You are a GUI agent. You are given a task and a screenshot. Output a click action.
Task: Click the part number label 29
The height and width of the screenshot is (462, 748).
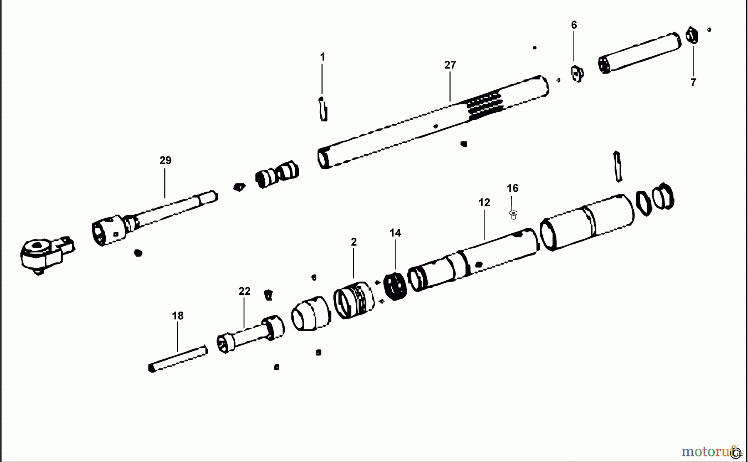(165, 161)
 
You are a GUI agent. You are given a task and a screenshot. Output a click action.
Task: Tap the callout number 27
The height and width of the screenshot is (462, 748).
(450, 65)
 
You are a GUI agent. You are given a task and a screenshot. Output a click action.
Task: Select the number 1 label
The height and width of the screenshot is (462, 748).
(322, 57)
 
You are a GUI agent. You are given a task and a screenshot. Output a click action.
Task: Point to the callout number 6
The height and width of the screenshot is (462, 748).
(574, 25)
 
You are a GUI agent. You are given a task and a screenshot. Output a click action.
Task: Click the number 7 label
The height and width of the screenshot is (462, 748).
(693, 83)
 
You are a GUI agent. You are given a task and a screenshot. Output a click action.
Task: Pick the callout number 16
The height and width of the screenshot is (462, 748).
(512, 188)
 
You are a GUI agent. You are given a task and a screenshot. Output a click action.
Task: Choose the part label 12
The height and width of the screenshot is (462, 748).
(484, 203)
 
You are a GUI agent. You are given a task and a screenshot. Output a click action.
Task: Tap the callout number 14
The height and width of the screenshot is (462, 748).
(395, 233)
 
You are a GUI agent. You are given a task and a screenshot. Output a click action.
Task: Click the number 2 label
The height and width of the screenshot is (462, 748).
(354, 242)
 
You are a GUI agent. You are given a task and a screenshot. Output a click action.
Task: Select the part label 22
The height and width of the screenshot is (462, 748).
(244, 292)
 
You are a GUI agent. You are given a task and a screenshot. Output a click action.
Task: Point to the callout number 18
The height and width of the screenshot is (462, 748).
(177, 316)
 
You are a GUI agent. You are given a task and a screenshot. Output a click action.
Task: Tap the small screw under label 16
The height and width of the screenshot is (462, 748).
(514, 215)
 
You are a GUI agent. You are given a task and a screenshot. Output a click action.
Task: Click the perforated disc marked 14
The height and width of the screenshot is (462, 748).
(395, 287)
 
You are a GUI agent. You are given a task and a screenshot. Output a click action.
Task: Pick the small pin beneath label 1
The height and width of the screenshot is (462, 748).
(323, 109)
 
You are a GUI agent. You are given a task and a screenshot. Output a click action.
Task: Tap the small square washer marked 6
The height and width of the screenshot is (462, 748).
(577, 74)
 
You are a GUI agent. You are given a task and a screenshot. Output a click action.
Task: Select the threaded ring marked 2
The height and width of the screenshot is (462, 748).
(353, 300)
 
